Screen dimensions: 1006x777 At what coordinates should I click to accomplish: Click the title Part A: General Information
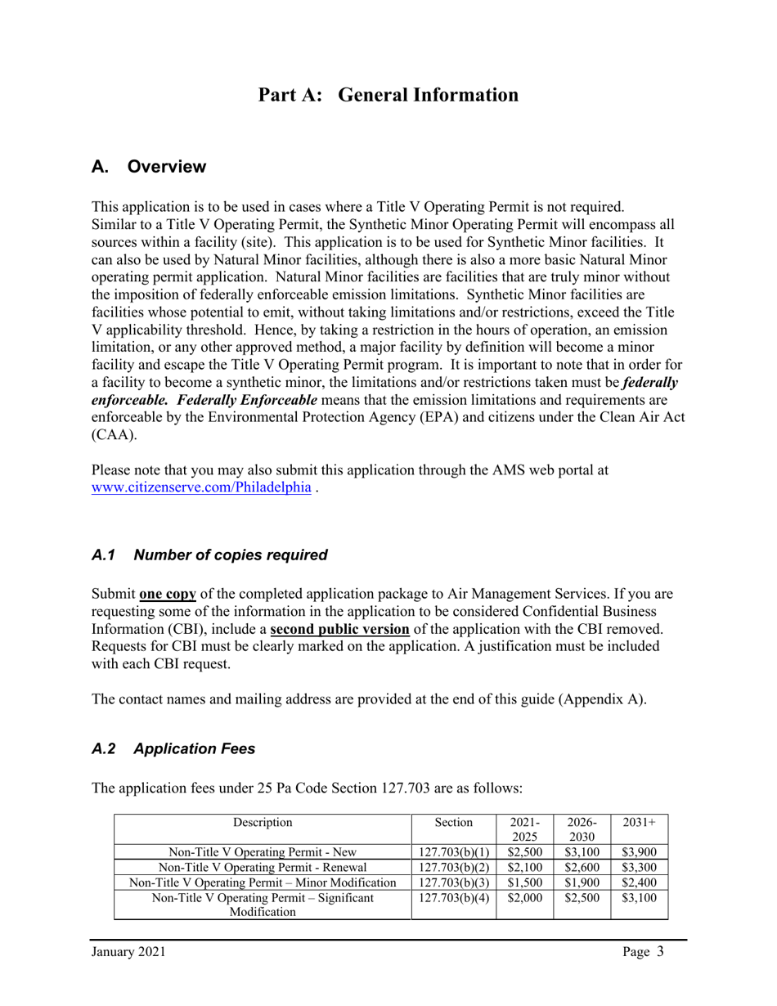[x=388, y=95]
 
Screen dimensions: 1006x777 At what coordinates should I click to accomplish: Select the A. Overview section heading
[x=149, y=167]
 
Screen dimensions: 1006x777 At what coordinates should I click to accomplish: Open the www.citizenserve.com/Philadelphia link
[x=201, y=487]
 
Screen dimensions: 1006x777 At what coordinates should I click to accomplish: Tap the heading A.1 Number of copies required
[x=209, y=555]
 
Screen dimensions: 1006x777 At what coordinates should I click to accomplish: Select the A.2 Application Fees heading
[x=173, y=748]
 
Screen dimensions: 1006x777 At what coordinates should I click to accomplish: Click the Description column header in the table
[x=262, y=822]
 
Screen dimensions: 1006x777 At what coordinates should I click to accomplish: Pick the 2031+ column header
[x=639, y=822]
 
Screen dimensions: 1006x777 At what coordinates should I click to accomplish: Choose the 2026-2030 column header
[x=582, y=829]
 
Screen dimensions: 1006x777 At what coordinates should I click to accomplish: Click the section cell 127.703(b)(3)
[x=453, y=882]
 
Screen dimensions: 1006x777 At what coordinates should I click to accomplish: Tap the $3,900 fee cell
[x=639, y=852]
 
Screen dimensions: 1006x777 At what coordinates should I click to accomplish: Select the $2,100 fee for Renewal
[x=524, y=867]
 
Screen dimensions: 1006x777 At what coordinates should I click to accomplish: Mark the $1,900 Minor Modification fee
[x=582, y=882]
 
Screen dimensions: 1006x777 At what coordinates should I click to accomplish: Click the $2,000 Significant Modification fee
[x=524, y=898]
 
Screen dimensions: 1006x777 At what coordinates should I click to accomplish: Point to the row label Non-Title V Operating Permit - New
[x=262, y=852]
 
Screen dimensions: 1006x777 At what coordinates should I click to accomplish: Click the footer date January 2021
[x=128, y=952]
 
